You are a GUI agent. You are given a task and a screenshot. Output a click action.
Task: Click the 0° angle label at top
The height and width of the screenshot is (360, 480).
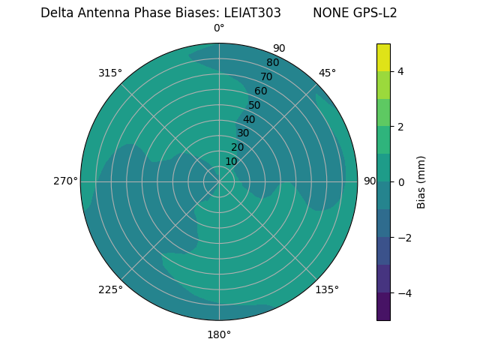pyautogui.click(x=219, y=28)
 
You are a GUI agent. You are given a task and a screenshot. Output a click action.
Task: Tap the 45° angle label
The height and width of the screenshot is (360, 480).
pyautogui.click(x=327, y=73)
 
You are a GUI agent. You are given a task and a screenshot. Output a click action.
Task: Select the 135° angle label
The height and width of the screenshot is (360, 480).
pyautogui.click(x=327, y=289)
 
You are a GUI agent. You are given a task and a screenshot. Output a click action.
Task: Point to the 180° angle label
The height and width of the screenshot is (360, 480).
pyautogui.click(x=219, y=334)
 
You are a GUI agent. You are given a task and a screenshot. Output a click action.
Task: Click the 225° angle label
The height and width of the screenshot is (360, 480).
pyautogui.click(x=110, y=289)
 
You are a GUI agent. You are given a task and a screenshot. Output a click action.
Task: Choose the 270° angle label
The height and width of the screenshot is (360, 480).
pyautogui.click(x=65, y=181)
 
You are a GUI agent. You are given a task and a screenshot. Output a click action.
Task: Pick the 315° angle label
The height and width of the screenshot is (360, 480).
pyautogui.click(x=110, y=73)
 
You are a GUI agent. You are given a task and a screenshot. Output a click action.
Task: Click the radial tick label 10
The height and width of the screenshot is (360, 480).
pyautogui.click(x=231, y=161)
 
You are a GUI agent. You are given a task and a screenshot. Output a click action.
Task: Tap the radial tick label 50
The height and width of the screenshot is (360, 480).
pyautogui.click(x=254, y=105)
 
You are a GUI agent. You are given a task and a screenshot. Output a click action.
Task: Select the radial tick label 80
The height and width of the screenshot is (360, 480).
pyautogui.click(x=272, y=62)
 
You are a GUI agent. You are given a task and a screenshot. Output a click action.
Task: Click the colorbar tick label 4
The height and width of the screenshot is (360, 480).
pyautogui.click(x=400, y=71)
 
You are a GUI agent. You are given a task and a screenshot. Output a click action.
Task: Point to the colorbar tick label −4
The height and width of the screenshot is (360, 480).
pyautogui.click(x=403, y=292)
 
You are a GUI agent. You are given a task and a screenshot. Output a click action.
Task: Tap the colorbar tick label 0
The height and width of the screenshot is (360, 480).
pyautogui.click(x=400, y=181)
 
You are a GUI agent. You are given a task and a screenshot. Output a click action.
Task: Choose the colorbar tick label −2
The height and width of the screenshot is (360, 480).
pyautogui.click(x=403, y=237)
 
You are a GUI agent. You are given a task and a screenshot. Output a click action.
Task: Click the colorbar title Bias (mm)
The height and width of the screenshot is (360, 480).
pyautogui.click(x=421, y=181)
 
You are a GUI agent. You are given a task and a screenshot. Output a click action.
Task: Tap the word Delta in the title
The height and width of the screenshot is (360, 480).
pyautogui.click(x=57, y=13)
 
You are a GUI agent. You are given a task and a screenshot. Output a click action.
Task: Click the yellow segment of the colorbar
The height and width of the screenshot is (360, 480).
pyautogui.click(x=383, y=57)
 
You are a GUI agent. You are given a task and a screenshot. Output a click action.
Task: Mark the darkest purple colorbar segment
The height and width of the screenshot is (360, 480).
pyautogui.click(x=383, y=306)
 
